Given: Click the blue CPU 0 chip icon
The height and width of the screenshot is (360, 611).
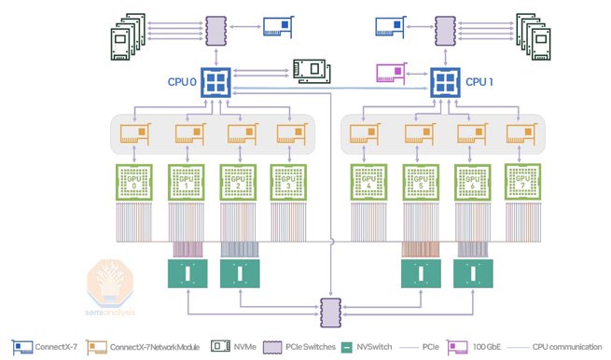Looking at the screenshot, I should (x=215, y=82).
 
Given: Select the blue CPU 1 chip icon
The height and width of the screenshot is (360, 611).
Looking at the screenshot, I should (x=445, y=82).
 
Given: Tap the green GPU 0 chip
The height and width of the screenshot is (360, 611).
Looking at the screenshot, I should (x=134, y=183).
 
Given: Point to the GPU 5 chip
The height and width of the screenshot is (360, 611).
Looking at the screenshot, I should (x=421, y=183).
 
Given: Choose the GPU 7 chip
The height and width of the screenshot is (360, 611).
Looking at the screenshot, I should (x=523, y=183).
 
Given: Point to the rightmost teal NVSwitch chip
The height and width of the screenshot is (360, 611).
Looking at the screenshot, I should (x=473, y=273).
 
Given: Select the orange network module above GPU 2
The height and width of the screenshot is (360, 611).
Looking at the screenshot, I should (x=241, y=134).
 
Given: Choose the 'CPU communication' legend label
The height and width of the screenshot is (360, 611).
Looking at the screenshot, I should (x=567, y=347).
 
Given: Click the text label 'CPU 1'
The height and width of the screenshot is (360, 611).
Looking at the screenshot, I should (x=479, y=82).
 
